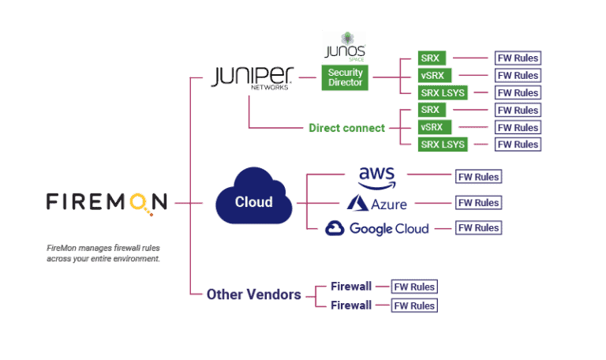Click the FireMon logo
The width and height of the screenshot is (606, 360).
point(107,202)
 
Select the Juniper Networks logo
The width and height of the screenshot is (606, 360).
point(252,77)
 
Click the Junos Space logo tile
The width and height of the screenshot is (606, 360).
point(345,47)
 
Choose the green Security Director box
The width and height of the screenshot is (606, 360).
point(345,77)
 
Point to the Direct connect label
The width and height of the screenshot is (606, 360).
point(346,127)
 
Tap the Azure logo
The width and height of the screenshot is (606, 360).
point(378,203)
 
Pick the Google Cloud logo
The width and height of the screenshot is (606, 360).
point(378,228)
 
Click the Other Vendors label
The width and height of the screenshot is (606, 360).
point(253,294)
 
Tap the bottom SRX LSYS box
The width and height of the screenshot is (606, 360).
point(443,144)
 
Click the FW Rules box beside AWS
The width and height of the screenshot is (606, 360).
point(478,177)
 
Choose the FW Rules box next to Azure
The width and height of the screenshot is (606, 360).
point(478,203)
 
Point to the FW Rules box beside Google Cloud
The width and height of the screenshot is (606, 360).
point(478,228)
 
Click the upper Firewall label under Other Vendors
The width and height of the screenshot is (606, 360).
point(351,287)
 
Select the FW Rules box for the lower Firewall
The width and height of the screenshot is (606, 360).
point(414,305)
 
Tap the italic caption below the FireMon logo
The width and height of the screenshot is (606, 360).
point(103,253)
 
